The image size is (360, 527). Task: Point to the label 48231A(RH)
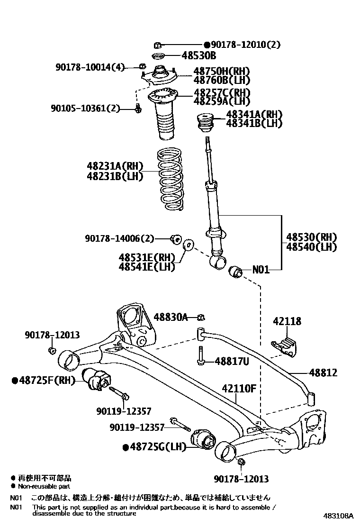point(115,166)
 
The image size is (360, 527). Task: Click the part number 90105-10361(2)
point(86,109)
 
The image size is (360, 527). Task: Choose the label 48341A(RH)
point(254,114)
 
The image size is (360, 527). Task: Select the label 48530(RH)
point(311,237)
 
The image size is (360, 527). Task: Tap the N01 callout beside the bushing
point(261,270)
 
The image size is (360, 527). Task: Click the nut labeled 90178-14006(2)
point(178,238)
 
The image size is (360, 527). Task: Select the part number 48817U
point(232,361)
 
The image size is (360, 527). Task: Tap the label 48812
point(324,373)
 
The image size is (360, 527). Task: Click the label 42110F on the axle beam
point(239,389)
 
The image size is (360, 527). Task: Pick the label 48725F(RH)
point(44,380)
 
